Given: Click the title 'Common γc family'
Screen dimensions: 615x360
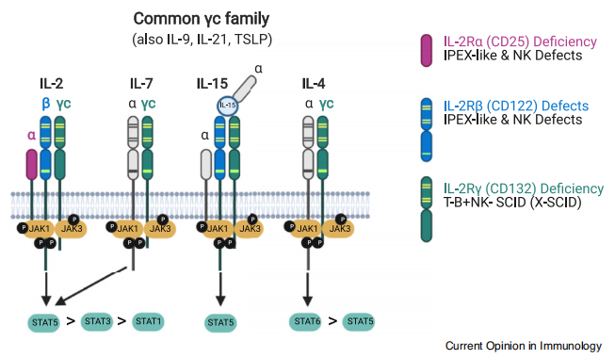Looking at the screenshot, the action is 202,19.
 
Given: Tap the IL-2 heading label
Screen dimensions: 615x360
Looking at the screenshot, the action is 51,83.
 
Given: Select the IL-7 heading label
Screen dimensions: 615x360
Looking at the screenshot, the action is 141,83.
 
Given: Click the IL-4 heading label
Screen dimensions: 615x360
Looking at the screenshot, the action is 314,83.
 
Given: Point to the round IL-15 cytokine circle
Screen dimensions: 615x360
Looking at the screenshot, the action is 228,106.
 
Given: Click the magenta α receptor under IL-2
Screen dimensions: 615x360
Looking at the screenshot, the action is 32,164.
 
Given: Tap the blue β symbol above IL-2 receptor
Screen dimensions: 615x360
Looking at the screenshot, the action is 46,104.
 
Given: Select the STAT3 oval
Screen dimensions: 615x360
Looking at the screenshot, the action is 97,321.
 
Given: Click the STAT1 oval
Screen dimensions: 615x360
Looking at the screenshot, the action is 148,321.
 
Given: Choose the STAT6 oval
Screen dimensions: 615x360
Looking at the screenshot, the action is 307,321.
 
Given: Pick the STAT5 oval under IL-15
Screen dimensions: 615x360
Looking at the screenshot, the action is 220,322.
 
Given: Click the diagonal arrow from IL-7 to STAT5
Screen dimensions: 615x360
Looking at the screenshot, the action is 91,286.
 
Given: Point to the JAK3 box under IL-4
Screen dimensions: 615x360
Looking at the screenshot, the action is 340,229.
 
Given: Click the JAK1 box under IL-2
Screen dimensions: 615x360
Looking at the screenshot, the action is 39,229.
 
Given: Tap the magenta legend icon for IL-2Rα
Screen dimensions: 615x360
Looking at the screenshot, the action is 427,50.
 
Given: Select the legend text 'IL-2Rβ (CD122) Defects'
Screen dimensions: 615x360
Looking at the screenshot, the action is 516,106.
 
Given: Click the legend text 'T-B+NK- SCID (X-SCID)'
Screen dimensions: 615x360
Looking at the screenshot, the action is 512,203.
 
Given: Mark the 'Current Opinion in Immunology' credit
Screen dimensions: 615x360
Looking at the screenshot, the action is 524,346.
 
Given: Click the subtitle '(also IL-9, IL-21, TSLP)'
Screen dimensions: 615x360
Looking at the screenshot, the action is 202,40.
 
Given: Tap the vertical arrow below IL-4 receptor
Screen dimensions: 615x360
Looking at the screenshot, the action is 308,289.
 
